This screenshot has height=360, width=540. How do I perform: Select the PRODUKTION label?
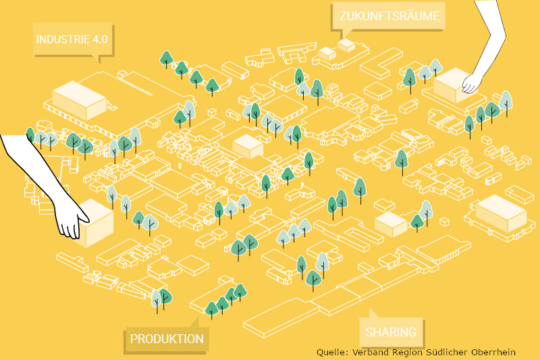[167, 338]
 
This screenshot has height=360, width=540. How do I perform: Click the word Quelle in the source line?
[331, 352]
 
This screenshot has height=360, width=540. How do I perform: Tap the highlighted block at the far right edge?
[500, 213]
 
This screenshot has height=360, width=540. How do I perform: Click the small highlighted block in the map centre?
[247, 145]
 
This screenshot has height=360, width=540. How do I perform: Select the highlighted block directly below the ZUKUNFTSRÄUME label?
[346, 45]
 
